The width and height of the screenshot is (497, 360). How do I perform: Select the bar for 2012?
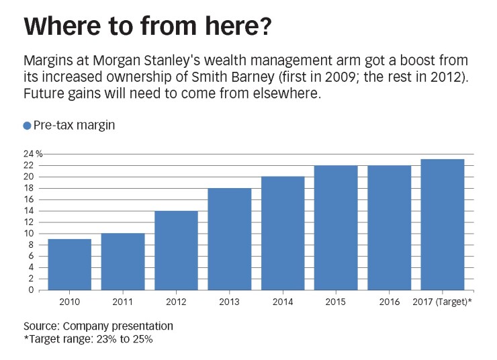click(x=176, y=251)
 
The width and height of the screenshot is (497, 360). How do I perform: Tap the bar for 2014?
click(x=283, y=233)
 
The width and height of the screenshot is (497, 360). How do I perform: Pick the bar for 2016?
click(x=389, y=228)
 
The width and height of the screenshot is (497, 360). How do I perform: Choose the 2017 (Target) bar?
click(x=442, y=224)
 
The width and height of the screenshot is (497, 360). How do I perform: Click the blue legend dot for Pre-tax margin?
click(x=27, y=126)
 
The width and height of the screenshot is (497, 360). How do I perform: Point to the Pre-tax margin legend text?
click(x=74, y=126)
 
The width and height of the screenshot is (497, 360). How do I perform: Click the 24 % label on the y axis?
click(x=34, y=154)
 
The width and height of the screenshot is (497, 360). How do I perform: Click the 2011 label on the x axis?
click(x=122, y=302)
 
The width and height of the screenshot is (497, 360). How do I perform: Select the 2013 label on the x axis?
click(x=229, y=302)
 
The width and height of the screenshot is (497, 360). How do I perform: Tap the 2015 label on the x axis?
click(x=336, y=302)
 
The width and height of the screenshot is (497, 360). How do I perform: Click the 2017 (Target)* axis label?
click(x=442, y=302)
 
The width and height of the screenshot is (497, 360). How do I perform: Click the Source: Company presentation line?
click(x=98, y=326)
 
